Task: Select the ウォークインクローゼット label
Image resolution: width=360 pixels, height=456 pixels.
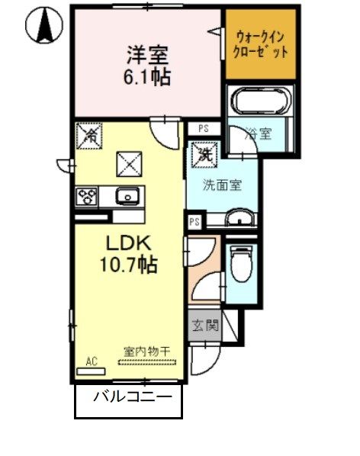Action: point(261,44)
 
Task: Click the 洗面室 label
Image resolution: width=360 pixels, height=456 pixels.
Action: point(222,185)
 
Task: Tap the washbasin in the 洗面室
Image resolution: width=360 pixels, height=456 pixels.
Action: point(239,220)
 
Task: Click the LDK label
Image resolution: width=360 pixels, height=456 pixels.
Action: point(130,245)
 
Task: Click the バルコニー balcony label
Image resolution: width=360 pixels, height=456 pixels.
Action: point(128,397)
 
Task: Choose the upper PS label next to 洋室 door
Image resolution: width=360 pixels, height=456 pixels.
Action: point(204,128)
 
